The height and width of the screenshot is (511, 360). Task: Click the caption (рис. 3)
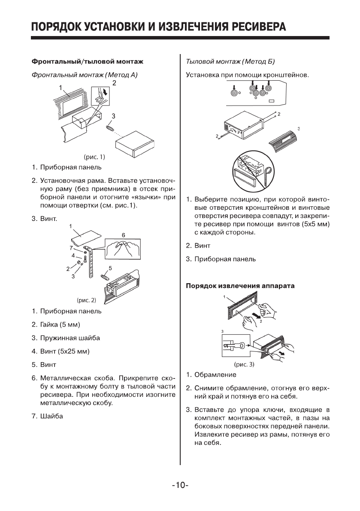point(243,365)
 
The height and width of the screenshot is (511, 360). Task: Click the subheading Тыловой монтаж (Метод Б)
point(230,62)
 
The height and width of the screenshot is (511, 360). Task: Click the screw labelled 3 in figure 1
point(110,128)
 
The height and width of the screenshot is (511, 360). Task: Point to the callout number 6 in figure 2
point(123,236)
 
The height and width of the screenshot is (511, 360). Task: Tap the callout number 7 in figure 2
point(71,248)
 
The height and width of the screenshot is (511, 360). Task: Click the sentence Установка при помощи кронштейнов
point(247,76)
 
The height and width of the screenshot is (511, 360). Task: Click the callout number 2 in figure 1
point(115,82)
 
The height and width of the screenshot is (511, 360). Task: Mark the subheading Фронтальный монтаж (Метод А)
point(85,76)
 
